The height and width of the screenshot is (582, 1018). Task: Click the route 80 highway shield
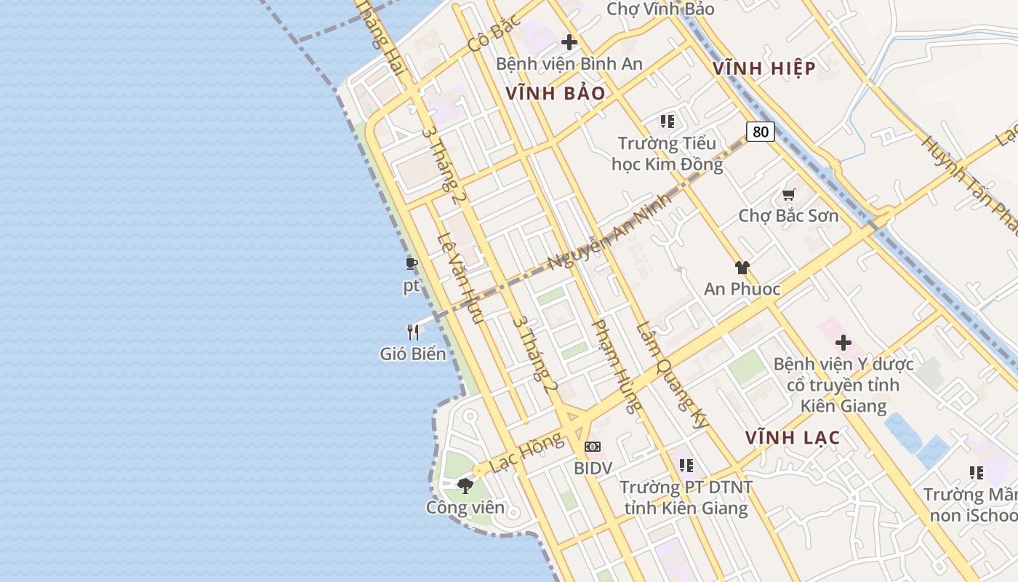760,132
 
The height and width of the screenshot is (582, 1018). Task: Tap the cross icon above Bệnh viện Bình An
569,42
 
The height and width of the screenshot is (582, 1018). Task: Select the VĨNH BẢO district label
556,93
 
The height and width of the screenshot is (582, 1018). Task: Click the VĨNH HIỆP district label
763,68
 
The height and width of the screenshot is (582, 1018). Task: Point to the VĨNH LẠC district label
793,437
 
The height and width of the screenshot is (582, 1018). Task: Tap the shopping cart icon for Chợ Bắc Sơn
789,194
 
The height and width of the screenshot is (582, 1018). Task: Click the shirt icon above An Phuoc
742,268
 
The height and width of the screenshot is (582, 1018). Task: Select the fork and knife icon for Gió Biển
413,332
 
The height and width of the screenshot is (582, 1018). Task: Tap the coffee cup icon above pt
412,263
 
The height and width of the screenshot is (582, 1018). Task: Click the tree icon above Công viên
465,485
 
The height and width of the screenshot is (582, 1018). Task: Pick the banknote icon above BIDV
593,446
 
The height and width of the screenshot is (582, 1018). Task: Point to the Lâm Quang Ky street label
672,375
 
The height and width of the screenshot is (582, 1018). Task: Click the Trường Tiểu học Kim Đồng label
668,154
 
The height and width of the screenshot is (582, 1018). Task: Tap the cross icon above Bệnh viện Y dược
843,342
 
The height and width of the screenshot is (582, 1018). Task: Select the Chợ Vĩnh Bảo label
660,9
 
